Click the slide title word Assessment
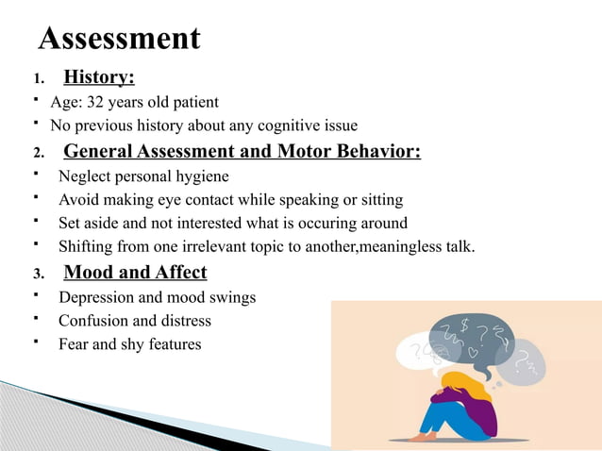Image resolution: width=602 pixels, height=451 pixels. [120, 39]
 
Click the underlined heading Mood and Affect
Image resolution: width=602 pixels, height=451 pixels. [135, 273]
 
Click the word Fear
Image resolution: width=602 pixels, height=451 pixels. [74, 344]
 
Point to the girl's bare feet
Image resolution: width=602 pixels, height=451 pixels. [425, 437]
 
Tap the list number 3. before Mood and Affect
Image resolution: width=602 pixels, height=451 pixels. [39, 275]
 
